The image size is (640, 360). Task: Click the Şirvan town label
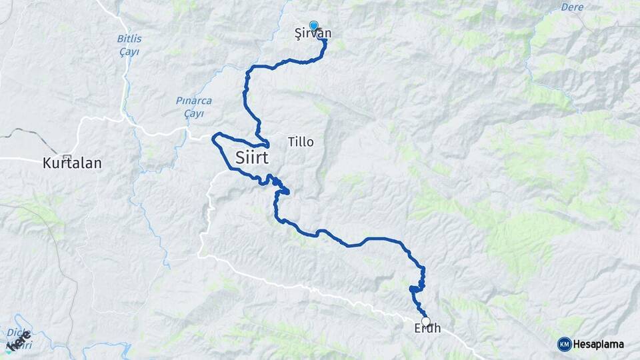point(313,33)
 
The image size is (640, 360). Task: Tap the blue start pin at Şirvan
point(313,25)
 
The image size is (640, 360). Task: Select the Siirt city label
point(257,157)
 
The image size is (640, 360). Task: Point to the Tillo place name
point(301,142)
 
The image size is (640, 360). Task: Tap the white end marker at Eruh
point(426,321)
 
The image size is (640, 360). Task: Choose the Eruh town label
point(427,329)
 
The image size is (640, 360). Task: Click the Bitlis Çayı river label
point(129,45)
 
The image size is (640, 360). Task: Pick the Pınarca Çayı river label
point(193,107)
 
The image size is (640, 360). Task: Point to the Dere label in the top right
point(573,7)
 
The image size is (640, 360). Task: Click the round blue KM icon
point(564,344)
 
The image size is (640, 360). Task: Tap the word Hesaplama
point(599,344)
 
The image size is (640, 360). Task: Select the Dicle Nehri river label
point(19,339)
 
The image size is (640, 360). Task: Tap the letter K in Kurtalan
point(46,162)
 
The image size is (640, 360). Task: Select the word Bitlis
point(129,39)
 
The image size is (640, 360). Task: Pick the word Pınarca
point(193,101)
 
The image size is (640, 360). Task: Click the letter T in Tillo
point(291,142)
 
